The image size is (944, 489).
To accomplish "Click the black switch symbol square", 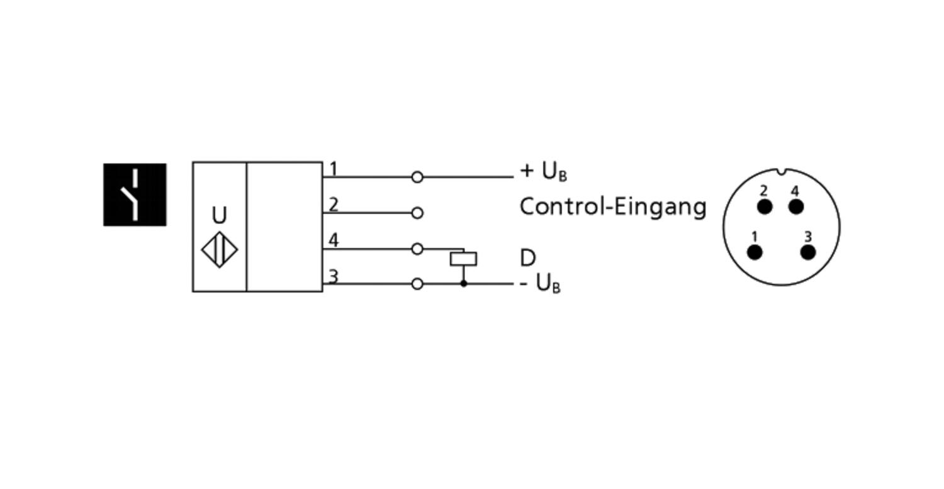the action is click(135, 194).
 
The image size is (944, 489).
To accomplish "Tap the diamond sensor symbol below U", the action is click(220, 250).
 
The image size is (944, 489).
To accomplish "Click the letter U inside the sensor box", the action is click(219, 215).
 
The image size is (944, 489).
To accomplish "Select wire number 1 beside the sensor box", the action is click(334, 169).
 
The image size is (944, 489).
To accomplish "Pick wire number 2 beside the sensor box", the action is click(334, 205).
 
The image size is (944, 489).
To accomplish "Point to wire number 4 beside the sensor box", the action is click(334, 240).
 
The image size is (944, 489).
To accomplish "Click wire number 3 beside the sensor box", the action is click(334, 276).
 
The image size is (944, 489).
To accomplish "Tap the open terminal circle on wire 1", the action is click(417, 177).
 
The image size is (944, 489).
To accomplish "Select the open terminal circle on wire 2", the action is click(417, 213).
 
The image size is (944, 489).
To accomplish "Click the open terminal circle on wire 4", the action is click(417, 249).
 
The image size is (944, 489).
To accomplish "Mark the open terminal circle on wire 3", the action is click(417, 284).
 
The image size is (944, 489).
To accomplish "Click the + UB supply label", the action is click(544, 172).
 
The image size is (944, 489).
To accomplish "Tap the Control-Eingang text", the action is click(613, 208).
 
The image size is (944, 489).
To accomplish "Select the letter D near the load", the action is click(527, 257).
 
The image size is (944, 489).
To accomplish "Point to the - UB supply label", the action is click(540, 283).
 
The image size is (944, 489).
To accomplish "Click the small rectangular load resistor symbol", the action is click(464, 259).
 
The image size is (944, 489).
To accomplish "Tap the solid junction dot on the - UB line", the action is click(464, 284).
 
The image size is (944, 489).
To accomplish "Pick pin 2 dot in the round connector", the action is click(765, 207).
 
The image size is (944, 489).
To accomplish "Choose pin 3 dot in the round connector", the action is click(808, 252).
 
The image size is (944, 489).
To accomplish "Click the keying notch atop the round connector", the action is click(782, 172).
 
